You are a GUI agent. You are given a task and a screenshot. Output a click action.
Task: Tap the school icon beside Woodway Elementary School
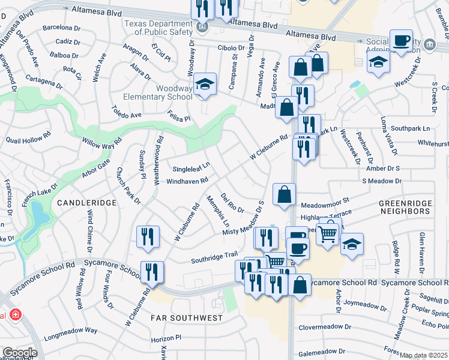coord(204,85)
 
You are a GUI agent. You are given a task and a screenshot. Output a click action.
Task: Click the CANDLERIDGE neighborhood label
coord(86,203)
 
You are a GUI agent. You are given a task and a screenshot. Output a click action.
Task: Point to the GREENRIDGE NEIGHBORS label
coord(405,208)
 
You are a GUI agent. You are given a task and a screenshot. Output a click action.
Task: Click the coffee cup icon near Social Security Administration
coord(401,42)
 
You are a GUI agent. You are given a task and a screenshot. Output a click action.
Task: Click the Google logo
coord(19,353)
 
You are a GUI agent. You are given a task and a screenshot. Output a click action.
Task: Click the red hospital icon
coord(14,314)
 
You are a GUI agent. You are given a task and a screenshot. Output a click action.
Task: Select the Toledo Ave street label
coord(127,112)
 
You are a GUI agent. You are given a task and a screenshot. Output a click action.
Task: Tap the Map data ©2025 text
coord(423,355)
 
